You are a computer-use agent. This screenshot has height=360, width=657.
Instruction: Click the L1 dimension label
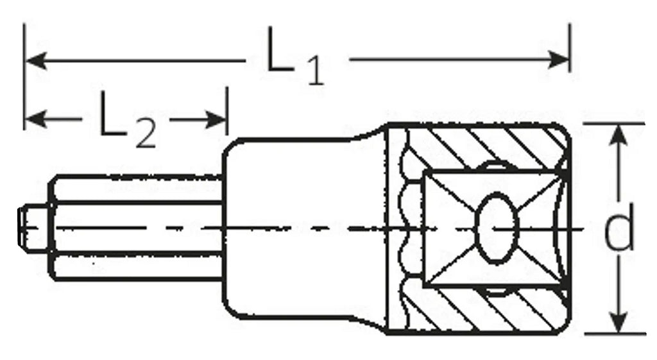click(295, 56)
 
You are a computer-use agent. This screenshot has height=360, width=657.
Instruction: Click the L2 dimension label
click(128, 119)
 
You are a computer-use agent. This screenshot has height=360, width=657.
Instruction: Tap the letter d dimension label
click(619, 228)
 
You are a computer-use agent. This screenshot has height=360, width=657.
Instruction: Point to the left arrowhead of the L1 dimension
click(36, 61)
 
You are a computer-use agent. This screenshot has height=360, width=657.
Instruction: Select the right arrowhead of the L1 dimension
click(559, 60)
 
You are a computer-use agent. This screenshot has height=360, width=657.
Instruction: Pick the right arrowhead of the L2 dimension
click(216, 120)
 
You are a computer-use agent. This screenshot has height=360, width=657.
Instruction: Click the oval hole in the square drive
click(497, 228)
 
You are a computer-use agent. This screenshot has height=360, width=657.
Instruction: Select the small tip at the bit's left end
click(33, 228)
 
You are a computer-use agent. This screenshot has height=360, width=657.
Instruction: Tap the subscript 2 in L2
click(145, 133)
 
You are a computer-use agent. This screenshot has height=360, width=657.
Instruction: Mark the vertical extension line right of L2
click(226, 111)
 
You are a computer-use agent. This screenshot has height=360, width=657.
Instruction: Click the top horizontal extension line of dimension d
click(615, 124)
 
